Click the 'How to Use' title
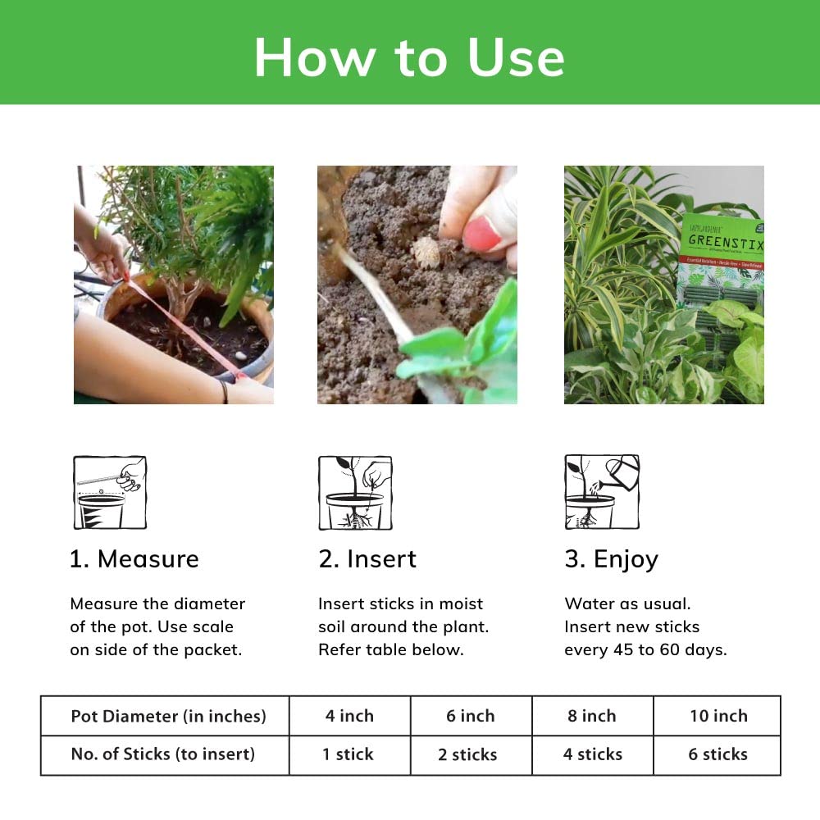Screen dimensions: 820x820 tap(409, 57)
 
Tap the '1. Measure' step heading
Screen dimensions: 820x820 tap(134, 559)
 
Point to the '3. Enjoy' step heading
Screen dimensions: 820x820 tap(612, 559)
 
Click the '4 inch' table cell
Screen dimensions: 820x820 tap(349, 716)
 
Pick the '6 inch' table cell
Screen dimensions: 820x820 tap(471, 716)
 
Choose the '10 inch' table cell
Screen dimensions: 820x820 tap(718, 716)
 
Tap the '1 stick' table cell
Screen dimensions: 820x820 tap(349, 754)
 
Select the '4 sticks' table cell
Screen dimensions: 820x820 tap(593, 754)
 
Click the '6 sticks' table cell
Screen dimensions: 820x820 tap(717, 754)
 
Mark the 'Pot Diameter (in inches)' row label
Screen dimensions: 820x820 tap(168, 716)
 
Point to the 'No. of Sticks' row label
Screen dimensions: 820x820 tap(163, 754)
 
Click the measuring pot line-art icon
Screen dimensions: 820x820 tap(110, 492)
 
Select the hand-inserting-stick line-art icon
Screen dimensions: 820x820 tap(355, 492)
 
